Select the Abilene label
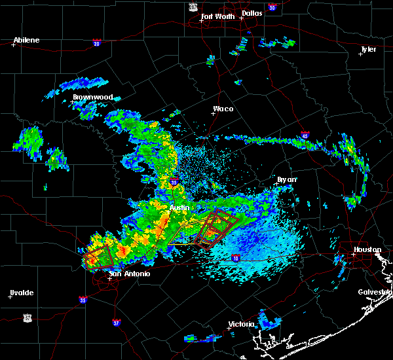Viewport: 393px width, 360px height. coord(26,40)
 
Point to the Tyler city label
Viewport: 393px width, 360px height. coord(369,49)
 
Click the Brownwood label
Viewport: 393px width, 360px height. coord(92,97)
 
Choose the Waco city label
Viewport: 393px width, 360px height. coord(223,109)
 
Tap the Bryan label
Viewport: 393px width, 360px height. coord(287,179)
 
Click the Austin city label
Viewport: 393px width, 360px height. coord(179,207)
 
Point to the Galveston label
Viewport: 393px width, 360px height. coord(374,292)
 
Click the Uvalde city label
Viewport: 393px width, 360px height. coord(22,293)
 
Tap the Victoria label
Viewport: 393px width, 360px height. coord(240,324)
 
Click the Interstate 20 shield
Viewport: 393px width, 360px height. coord(96,43)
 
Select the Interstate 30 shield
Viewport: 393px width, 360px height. coord(272,7)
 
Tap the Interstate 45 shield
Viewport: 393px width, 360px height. coord(305,135)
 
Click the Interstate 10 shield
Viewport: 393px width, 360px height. coord(236,259)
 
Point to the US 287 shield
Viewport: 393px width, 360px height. coord(192,7)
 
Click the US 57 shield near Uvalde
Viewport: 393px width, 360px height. coord(28,317)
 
